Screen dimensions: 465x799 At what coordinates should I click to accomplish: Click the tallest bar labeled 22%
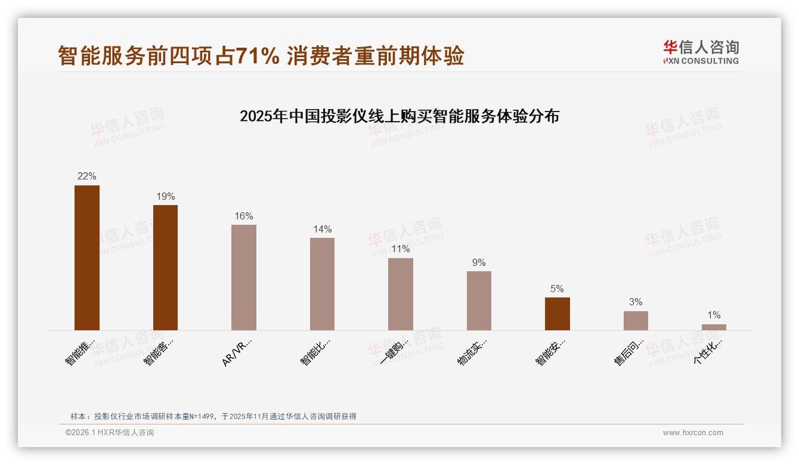pyautogui.click(x=87, y=258)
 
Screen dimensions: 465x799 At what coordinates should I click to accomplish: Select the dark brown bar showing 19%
pyautogui.click(x=165, y=268)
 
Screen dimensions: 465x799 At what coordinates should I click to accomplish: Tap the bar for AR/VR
pyautogui.click(x=244, y=277)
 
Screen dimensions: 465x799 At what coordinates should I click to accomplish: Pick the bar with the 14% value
pyautogui.click(x=322, y=284)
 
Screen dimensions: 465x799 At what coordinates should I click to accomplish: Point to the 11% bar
pyautogui.click(x=401, y=294)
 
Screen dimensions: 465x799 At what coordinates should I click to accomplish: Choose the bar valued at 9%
pyautogui.click(x=479, y=300)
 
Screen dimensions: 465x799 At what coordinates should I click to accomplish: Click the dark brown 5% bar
pyautogui.click(x=558, y=314)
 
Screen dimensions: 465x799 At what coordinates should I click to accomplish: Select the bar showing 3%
pyautogui.click(x=636, y=321)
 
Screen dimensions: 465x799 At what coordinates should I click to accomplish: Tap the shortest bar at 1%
pyautogui.click(x=714, y=327)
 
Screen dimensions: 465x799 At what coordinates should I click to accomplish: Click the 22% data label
pyautogui.click(x=87, y=176)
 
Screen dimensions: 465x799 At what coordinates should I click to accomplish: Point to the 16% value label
pyautogui.click(x=244, y=216)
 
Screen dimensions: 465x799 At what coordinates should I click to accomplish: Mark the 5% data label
pyautogui.click(x=557, y=289)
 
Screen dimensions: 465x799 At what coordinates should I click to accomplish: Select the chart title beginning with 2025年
pyautogui.click(x=399, y=116)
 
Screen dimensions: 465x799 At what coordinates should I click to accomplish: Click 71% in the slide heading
pyautogui.click(x=258, y=57)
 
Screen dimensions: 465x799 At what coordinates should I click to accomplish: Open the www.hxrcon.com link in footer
pyautogui.click(x=693, y=433)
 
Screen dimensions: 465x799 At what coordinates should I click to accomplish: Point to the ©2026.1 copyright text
pyautogui.click(x=109, y=433)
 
